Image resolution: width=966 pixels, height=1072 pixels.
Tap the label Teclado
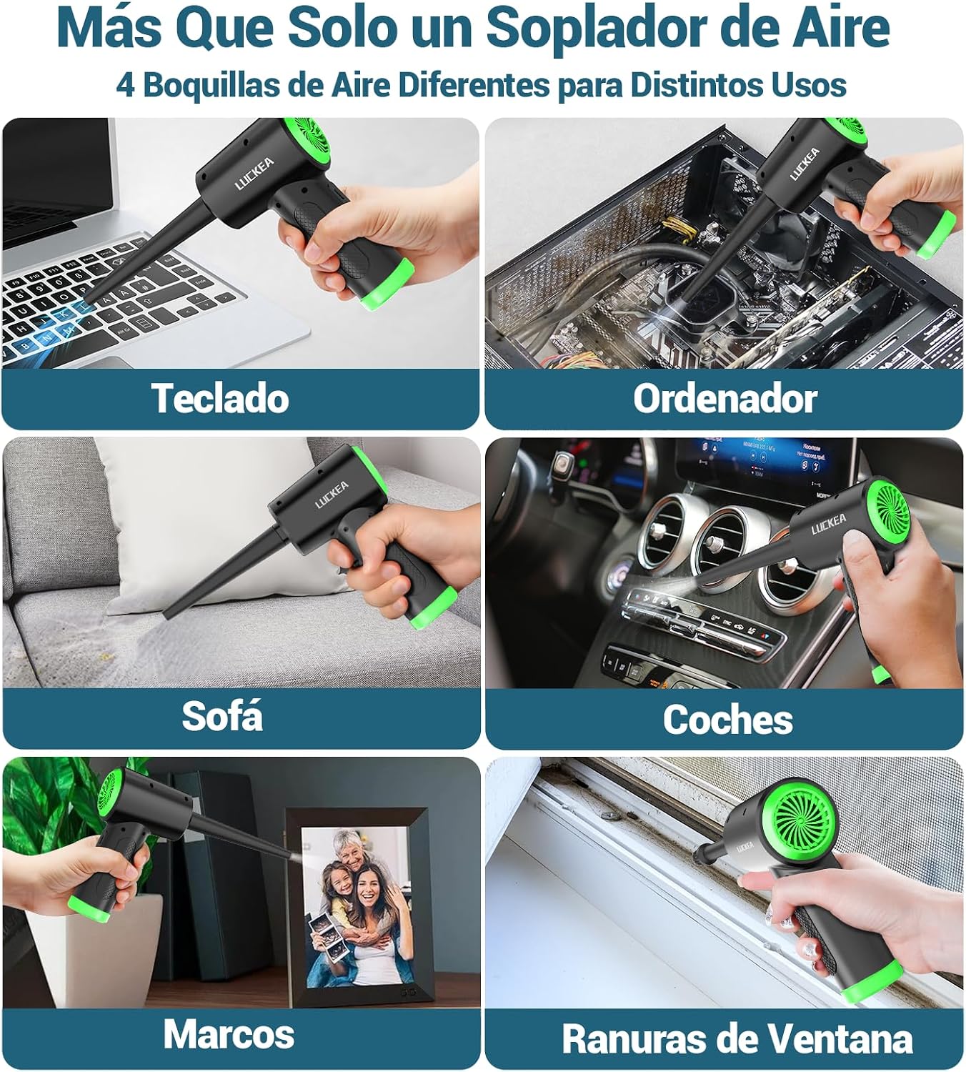(220, 398)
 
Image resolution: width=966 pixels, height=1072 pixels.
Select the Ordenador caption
(725, 399)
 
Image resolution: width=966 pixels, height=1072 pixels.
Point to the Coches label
(727, 719)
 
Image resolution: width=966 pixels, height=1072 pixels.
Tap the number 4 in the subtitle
(126, 85)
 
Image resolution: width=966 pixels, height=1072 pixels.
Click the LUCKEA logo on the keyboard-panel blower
(254, 174)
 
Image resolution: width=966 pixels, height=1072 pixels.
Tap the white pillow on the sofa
(209, 527)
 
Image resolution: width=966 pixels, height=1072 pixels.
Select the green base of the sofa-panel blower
(433, 607)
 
